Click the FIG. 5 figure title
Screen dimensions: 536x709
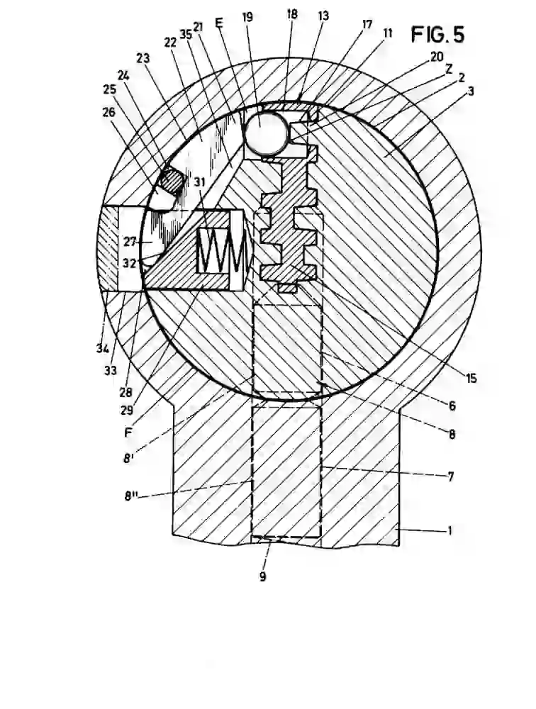(x=437, y=34)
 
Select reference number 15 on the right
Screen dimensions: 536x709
(x=471, y=378)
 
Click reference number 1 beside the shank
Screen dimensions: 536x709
(x=450, y=530)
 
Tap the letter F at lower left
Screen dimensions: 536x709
(x=128, y=432)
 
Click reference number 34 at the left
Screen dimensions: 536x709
(x=103, y=349)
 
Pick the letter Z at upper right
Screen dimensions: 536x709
(x=448, y=69)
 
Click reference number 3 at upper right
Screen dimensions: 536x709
(x=470, y=91)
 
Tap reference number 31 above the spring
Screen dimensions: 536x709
(x=199, y=182)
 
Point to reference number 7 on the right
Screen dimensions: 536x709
(x=450, y=476)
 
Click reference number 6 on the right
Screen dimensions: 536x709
(x=452, y=406)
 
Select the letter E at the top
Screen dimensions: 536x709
(x=219, y=23)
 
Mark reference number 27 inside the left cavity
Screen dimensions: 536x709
(x=130, y=242)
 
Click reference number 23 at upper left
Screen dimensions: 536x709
(x=143, y=58)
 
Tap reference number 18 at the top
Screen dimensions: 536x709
(x=291, y=14)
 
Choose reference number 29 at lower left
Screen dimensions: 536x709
(x=127, y=410)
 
